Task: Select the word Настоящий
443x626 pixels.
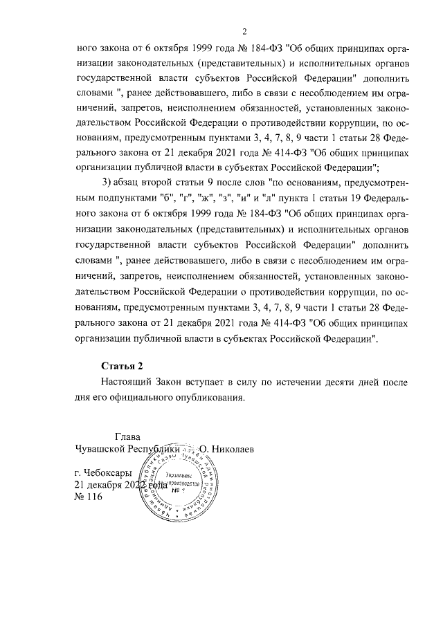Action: tap(126, 382)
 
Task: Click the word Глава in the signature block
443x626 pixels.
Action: tap(127, 436)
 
